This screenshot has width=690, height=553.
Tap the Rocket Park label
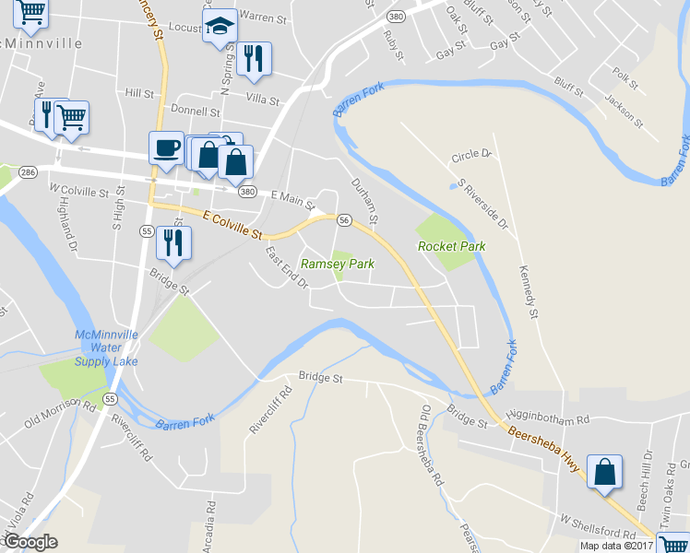[451, 246]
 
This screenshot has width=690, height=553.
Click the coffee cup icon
[167, 148]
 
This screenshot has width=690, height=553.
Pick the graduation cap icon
[220, 27]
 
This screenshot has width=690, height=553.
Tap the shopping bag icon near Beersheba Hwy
[604, 471]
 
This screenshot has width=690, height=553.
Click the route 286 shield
[28, 171]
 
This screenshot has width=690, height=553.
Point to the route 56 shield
[343, 220]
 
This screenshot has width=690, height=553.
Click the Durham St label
[365, 201]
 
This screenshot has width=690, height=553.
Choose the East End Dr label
[286, 266]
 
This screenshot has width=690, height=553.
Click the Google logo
[31, 542]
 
